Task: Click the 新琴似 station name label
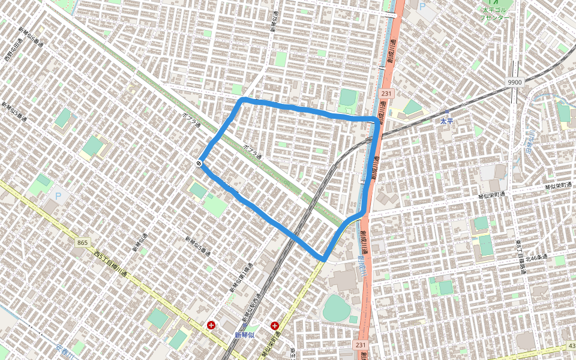[244, 335]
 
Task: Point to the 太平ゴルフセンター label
[496, 13]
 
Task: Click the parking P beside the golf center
[422, 7]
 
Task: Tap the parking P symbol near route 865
[58, 196]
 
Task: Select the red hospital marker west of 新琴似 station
[211, 325]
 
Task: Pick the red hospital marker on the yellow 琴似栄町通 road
[275, 326]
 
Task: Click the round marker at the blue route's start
[199, 162]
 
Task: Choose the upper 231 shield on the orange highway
[386, 94]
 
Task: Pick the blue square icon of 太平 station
[447, 112]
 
